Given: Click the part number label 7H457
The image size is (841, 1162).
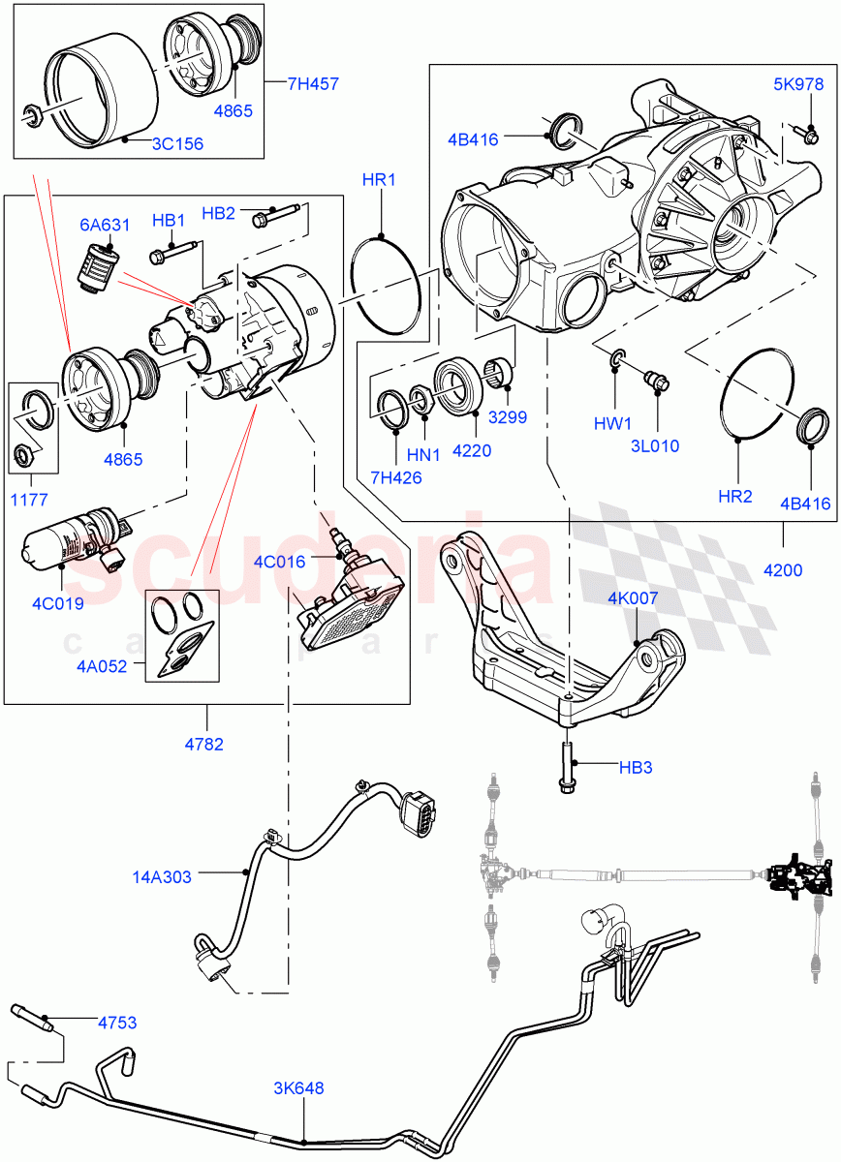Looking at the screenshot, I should tap(313, 84).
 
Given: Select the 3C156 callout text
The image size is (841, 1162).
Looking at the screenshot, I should tap(176, 144).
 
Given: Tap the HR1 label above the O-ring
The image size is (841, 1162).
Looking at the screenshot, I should tap(379, 180).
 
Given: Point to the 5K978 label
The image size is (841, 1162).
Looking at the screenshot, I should tap(797, 83).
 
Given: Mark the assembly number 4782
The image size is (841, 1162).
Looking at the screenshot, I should tap(204, 744).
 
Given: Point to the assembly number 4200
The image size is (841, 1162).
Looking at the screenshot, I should tap(782, 569).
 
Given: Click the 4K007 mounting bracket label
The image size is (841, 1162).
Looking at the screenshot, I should tap(633, 598).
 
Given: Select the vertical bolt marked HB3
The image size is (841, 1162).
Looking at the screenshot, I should tap(567, 765).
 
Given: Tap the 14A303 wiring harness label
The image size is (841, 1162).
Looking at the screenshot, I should tap(162, 877).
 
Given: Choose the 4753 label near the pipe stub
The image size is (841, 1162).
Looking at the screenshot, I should tap(117, 1022).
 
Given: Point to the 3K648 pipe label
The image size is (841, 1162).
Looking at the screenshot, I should tap(299, 1087).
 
